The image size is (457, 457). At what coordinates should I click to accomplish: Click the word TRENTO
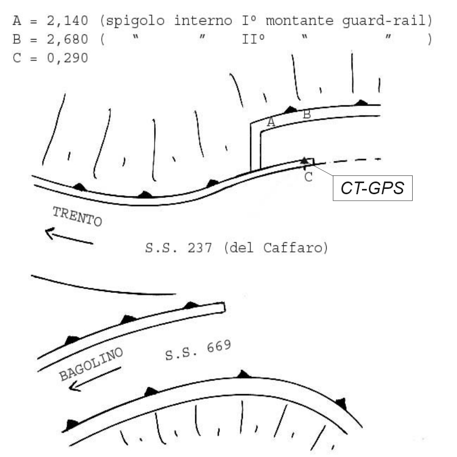pyautogui.click(x=77, y=216)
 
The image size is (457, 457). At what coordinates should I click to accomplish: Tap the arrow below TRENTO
pyautogui.click(x=69, y=236)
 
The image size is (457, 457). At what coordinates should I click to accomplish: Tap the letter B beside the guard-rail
pyautogui.click(x=306, y=113)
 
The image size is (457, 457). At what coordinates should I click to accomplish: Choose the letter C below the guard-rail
pyautogui.click(x=308, y=177)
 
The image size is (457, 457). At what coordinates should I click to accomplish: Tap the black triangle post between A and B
pyautogui.click(x=290, y=110)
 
